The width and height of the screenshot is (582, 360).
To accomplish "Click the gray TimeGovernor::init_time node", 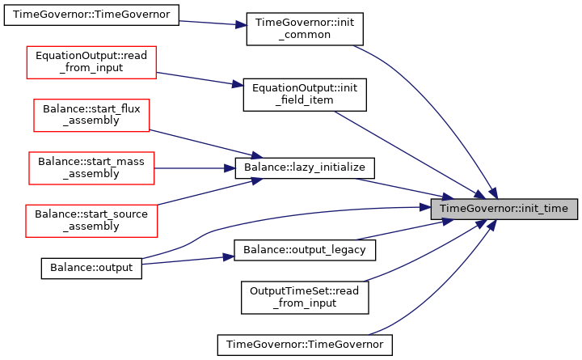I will (x=504, y=209).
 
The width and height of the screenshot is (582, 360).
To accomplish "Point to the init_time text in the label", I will (x=545, y=209).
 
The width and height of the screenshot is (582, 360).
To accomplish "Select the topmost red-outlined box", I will (x=91, y=62).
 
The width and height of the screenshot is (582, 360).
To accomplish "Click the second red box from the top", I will (x=91, y=116).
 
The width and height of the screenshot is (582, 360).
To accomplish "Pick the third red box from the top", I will (x=91, y=168).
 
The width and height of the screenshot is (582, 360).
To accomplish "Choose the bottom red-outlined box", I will (x=91, y=221).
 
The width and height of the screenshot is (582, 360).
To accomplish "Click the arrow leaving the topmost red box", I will (x=198, y=78).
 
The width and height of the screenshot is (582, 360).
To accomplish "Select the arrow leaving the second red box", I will (x=206, y=143).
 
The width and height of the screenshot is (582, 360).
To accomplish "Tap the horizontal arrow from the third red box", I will (x=194, y=168).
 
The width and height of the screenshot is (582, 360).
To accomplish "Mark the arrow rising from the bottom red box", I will (x=210, y=192).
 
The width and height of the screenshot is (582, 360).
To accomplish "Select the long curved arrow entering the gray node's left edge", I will (x=307, y=212).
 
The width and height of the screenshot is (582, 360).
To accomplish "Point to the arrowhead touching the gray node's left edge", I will (x=425, y=207).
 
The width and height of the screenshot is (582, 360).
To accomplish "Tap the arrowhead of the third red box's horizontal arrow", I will (x=231, y=168).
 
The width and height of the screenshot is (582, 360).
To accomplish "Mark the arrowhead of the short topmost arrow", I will (x=242, y=25).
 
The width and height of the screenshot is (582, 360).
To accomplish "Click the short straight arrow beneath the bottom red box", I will (x=186, y=260).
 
